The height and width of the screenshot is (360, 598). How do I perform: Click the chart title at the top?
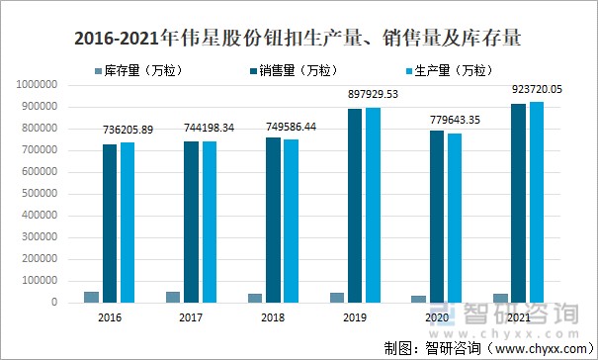coord(299,39)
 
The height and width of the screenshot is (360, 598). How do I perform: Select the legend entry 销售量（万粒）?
coord(302,70)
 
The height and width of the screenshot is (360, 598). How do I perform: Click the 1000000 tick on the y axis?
coord(41,85)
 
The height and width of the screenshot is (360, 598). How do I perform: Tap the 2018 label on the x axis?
coord(274,318)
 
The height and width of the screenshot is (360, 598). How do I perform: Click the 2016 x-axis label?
coord(110,318)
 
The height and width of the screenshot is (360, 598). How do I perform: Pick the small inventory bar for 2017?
coord(174,297)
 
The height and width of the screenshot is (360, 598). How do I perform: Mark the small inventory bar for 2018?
coord(255,298)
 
